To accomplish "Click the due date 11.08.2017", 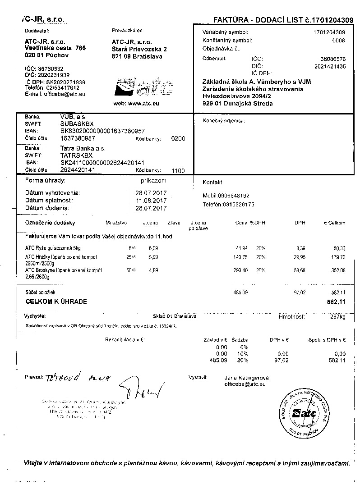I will tap(151, 200).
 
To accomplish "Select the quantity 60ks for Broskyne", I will tap(131, 270).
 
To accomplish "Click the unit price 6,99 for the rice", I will tap(153, 248).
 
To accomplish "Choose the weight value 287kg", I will tap(337, 317).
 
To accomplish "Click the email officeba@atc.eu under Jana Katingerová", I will tap(245, 384).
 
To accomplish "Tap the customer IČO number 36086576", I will tap(333, 59).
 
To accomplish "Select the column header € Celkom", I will tap(334, 223).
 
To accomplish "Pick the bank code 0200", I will tap(178, 139).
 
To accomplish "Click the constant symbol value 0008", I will tap(338, 40).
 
